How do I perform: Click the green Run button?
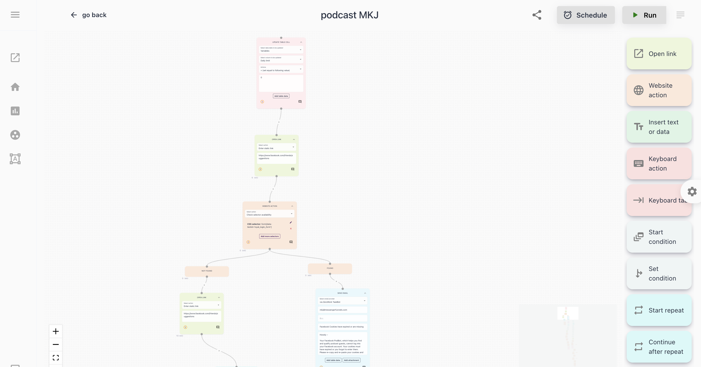tap(644, 15)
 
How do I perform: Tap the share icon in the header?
tap(537, 15)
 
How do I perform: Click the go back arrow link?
tap(89, 15)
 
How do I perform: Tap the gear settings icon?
tap(692, 192)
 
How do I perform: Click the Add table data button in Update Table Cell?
tap(281, 96)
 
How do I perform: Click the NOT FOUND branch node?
tap(207, 271)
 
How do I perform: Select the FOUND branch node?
tap(330, 268)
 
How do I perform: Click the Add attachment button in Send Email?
tap(351, 360)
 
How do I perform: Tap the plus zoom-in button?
tap(56, 331)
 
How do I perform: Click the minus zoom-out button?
tap(56, 345)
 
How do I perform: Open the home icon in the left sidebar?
tap(15, 87)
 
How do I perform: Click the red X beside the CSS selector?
tap(291, 229)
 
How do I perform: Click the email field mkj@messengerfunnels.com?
tap(342, 310)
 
